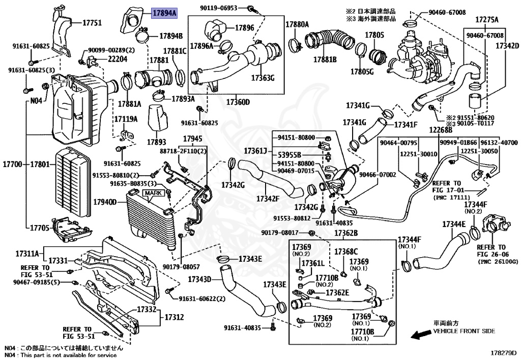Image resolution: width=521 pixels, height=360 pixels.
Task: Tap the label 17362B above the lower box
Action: click(x=346, y=233)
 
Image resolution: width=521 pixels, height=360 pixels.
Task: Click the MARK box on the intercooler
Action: click(x=152, y=193)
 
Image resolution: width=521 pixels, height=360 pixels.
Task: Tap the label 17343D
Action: click(x=199, y=280)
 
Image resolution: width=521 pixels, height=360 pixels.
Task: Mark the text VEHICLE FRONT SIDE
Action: click(x=464, y=331)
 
